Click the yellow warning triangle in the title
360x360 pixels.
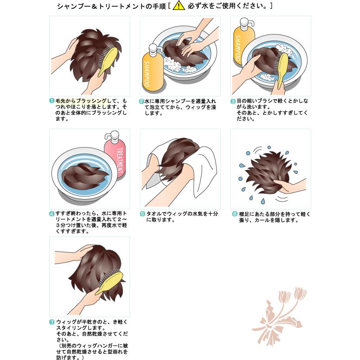tap(179, 6)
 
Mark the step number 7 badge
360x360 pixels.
tap(51, 322)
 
